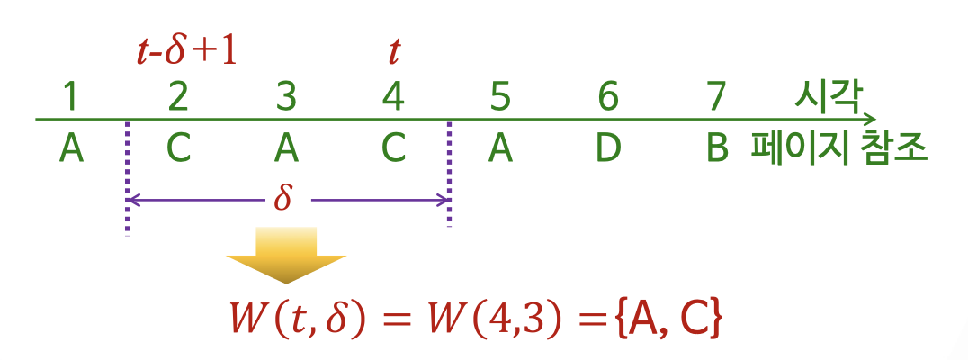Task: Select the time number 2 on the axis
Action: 178,96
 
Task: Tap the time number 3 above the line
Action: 285,96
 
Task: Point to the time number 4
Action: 393,96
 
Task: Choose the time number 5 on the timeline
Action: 500,96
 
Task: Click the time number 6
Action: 608,96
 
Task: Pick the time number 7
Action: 715,96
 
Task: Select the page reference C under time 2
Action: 178,148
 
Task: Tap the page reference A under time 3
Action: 285,148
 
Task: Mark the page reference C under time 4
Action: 393,148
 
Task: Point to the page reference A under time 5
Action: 500,148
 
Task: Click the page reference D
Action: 608,148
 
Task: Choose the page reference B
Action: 716,148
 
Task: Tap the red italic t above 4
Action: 393,51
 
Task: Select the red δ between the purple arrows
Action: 283,198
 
